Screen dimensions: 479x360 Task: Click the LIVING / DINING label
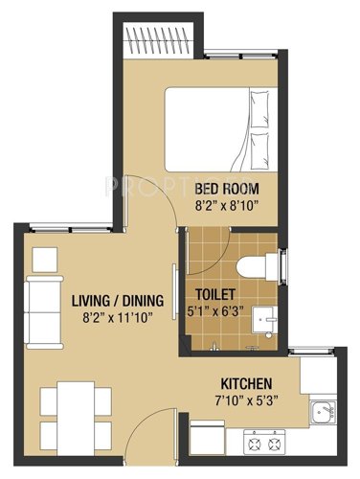pyautogui.click(x=118, y=301)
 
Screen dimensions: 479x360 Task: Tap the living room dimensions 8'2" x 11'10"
pyautogui.click(x=118, y=317)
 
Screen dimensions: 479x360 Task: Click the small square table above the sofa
pyautogui.click(x=43, y=259)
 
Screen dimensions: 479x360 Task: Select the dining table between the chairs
pyautogui.click(x=69, y=412)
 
